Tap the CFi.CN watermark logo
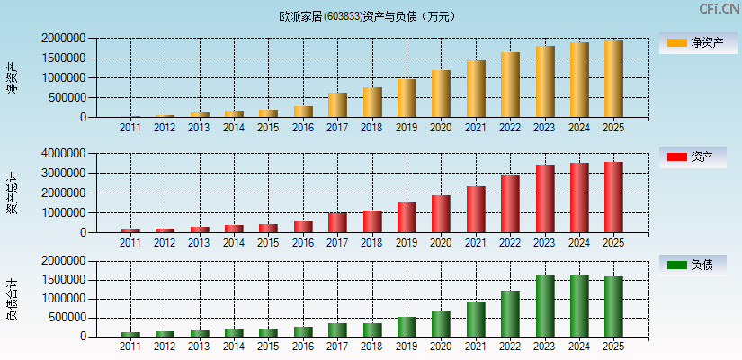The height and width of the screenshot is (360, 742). [719, 9]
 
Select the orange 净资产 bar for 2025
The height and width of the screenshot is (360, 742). [613, 79]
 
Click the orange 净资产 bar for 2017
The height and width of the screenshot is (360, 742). [337, 105]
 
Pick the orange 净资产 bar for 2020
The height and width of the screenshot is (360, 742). [441, 94]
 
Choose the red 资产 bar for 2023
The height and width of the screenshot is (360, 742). [545, 199]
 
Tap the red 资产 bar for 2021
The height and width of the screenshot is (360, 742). [476, 210]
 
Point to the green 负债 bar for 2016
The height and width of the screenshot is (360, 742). [303, 332]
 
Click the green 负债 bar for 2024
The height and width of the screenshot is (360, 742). [579, 306]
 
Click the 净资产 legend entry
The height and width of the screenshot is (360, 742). [698, 42]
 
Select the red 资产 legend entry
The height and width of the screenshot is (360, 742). [698, 157]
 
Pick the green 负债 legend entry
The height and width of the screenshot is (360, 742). [698, 265]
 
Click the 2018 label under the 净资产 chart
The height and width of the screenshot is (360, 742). [371, 128]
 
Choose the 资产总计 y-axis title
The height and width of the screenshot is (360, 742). [12, 193]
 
